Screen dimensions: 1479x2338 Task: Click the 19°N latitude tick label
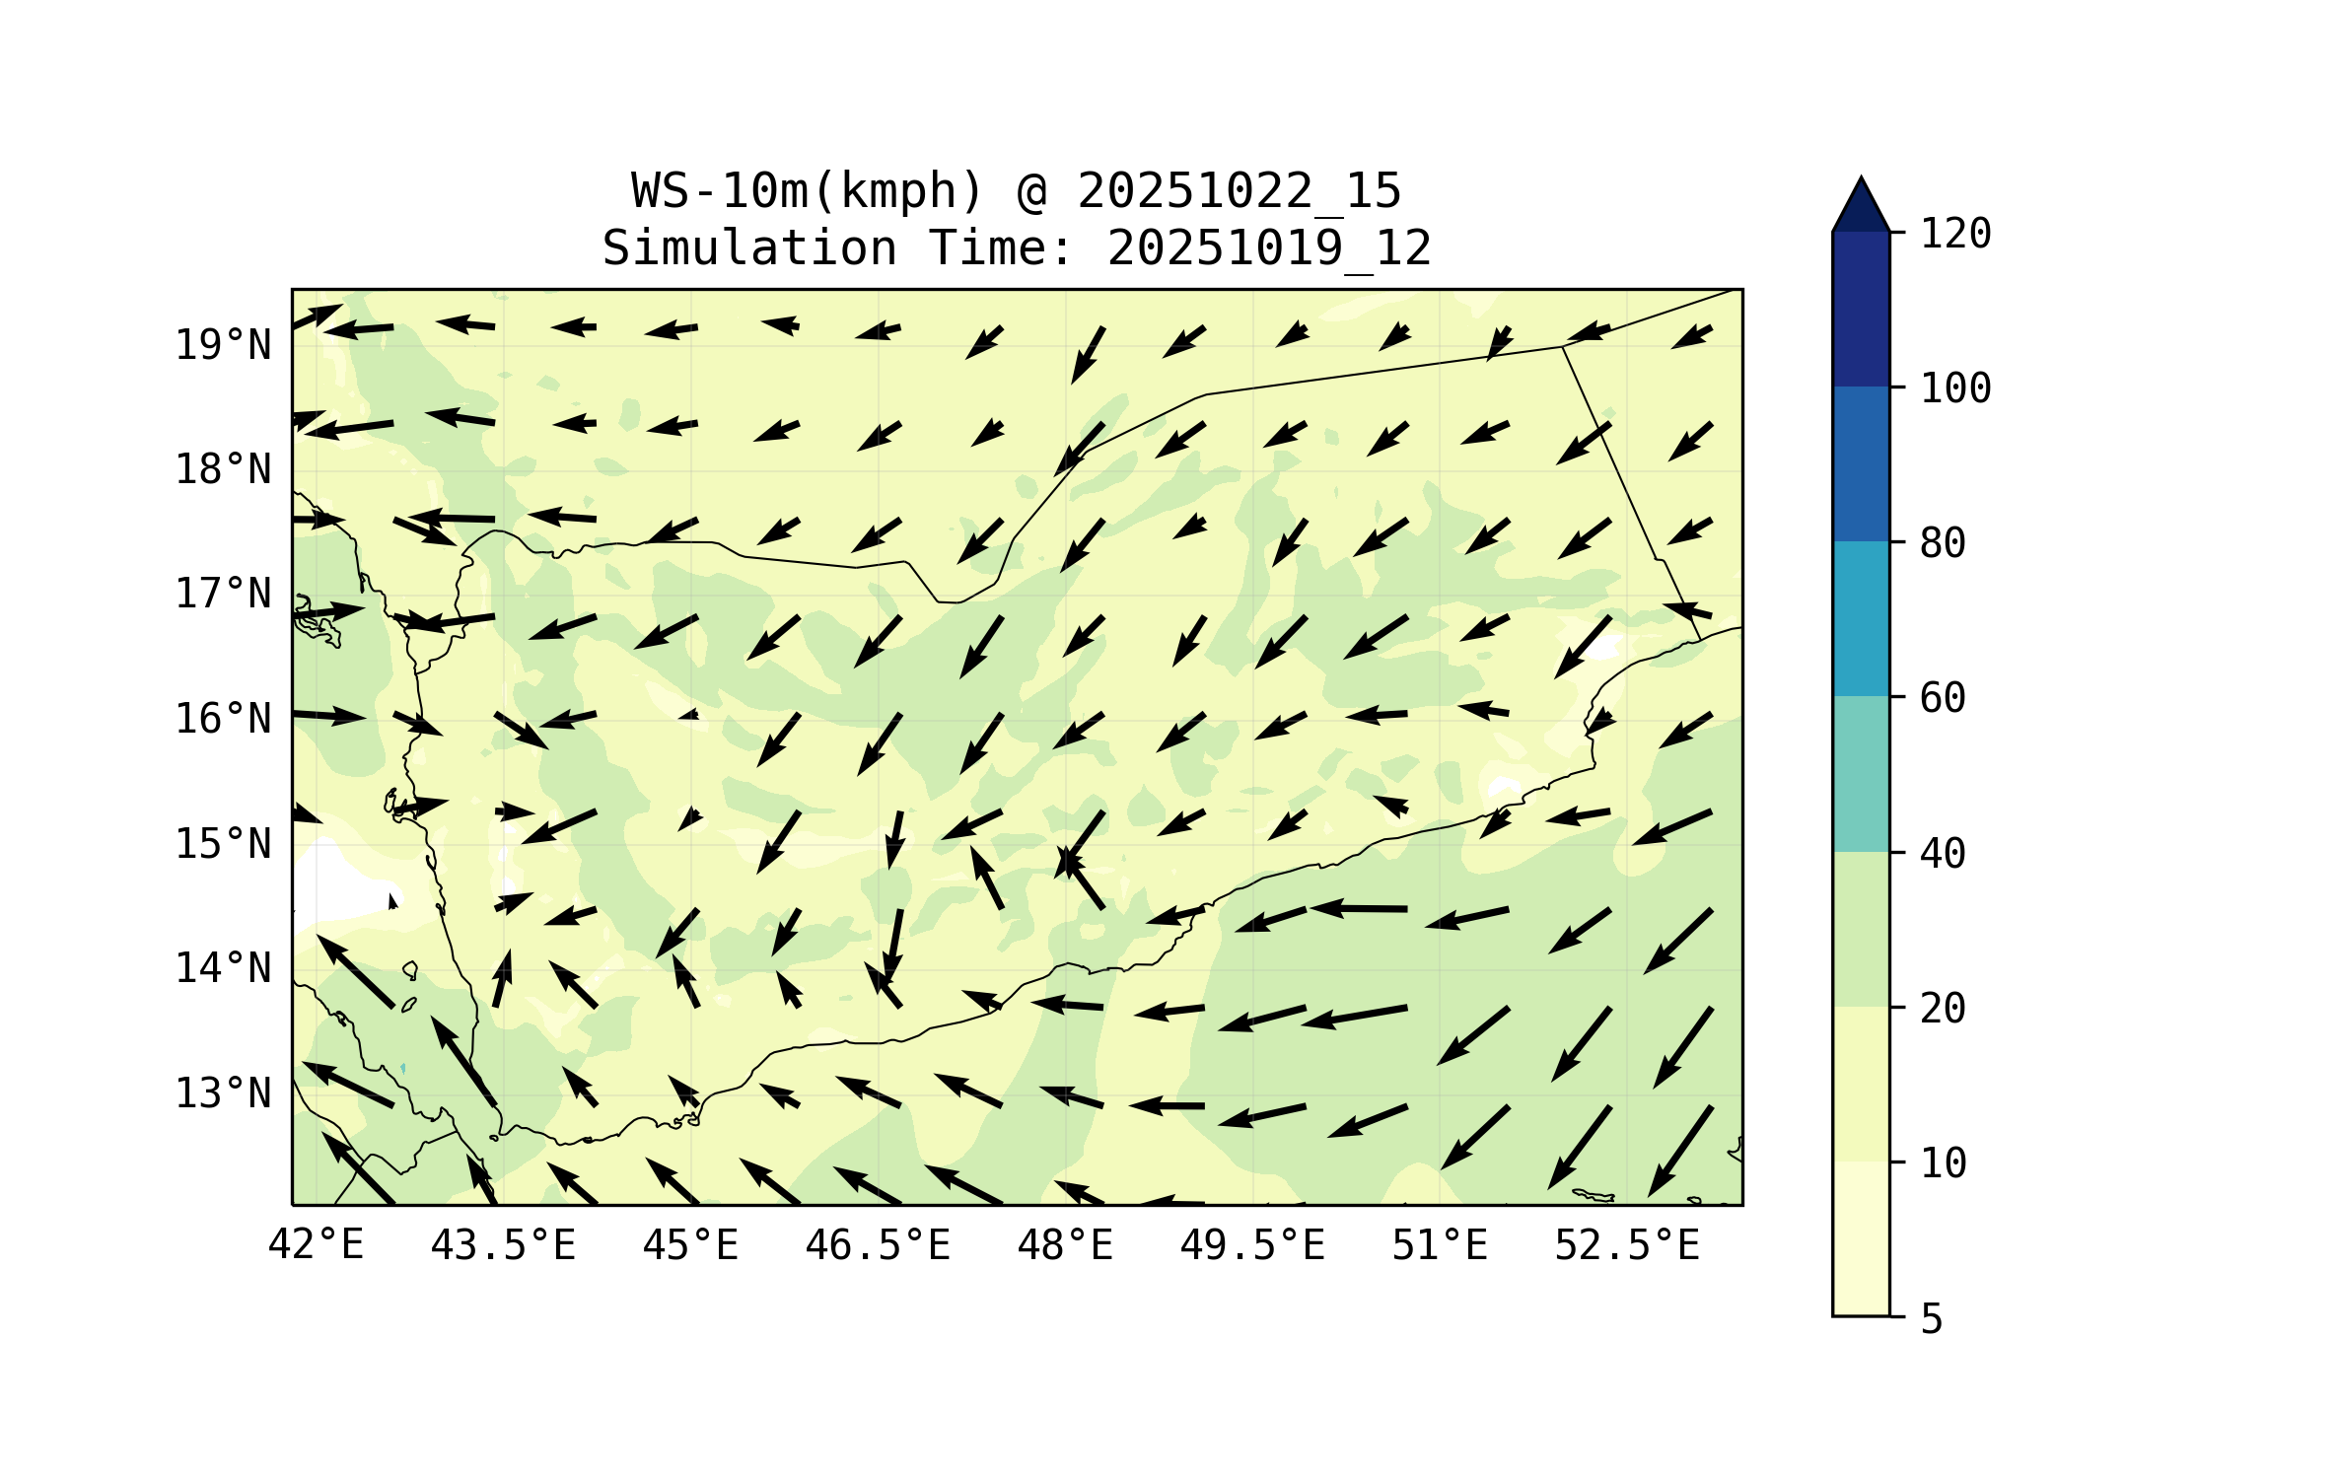click(x=223, y=345)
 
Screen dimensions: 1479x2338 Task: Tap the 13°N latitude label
click(x=223, y=1093)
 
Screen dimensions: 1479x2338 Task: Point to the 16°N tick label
click(x=223, y=719)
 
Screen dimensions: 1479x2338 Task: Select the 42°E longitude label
click(x=316, y=1244)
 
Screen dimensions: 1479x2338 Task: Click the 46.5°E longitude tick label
click(x=878, y=1245)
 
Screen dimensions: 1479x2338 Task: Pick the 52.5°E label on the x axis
click(x=1627, y=1245)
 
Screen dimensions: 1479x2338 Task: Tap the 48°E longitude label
click(x=1065, y=1245)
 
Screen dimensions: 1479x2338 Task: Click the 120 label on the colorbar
click(x=1955, y=234)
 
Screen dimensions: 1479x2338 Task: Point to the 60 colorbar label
click(x=1943, y=698)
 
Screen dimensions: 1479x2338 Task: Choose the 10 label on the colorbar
click(x=1943, y=1163)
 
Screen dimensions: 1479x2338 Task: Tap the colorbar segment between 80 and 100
click(x=1861, y=463)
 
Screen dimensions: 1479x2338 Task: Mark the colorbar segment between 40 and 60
click(x=1861, y=774)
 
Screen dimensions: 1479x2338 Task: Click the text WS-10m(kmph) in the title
click(x=808, y=191)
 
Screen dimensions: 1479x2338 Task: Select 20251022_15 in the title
click(x=1239, y=191)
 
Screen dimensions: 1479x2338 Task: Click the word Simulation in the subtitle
click(x=749, y=248)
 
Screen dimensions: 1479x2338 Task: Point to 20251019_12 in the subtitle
click(x=1269, y=248)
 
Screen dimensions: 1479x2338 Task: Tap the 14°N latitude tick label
click(x=223, y=968)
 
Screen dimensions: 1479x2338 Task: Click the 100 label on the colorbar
click(x=1955, y=388)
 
